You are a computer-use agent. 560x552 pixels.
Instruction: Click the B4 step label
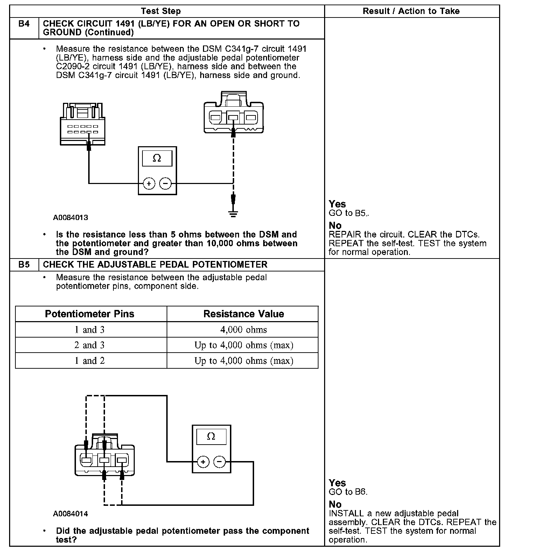pyautogui.click(x=24, y=24)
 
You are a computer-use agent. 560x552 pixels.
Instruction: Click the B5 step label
pyautogui.click(x=24, y=264)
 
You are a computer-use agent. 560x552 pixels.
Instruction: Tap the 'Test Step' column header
pyautogui.click(x=161, y=11)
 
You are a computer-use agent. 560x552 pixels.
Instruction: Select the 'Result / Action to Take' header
pyautogui.click(x=411, y=11)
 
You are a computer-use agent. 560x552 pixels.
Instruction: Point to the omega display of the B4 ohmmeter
pyautogui.click(x=157, y=158)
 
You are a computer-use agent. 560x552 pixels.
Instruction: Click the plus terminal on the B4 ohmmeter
pyautogui.click(x=149, y=183)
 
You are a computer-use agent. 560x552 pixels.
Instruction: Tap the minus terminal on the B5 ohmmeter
pyautogui.click(x=219, y=462)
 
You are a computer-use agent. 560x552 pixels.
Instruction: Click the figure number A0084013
pyautogui.click(x=71, y=218)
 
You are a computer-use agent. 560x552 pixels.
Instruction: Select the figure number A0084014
pyautogui.click(x=71, y=514)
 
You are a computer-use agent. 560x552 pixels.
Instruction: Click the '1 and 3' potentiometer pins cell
pyautogui.click(x=90, y=330)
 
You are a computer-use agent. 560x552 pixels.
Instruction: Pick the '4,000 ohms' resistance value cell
pyautogui.click(x=244, y=330)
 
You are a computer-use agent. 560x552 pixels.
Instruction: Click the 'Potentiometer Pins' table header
pyautogui.click(x=90, y=314)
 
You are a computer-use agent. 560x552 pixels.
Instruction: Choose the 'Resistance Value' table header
pyautogui.click(x=244, y=314)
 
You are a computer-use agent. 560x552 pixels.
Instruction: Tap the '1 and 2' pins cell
pyautogui.click(x=90, y=361)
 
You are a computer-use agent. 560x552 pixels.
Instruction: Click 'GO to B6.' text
pyautogui.click(x=348, y=492)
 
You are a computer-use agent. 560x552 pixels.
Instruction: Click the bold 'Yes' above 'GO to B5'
pyautogui.click(x=337, y=204)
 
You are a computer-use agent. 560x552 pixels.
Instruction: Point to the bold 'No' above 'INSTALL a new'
pyautogui.click(x=335, y=504)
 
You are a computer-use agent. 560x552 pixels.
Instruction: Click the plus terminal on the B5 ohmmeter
pyautogui.click(x=203, y=462)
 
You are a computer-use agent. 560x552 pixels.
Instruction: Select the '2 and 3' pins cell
pyautogui.click(x=90, y=345)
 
